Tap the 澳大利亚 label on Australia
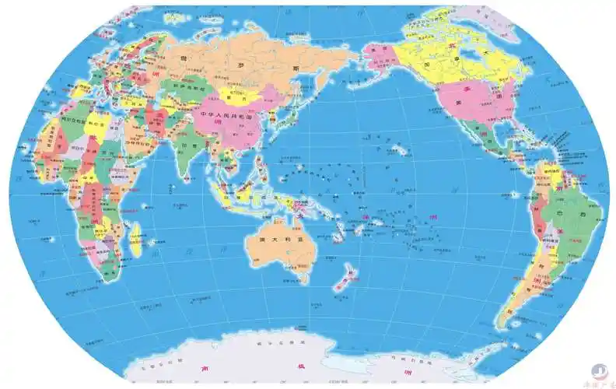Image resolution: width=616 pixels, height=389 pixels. pos(276,239)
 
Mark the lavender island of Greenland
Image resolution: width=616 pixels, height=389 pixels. pos(482,17)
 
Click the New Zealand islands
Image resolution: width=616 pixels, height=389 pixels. pos(345,277)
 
